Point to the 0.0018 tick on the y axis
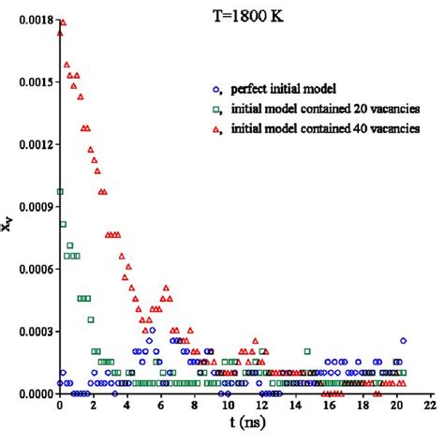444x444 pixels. pos(28,20)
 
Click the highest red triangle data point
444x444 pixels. pos(62,22)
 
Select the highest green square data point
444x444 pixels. pos(60,192)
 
